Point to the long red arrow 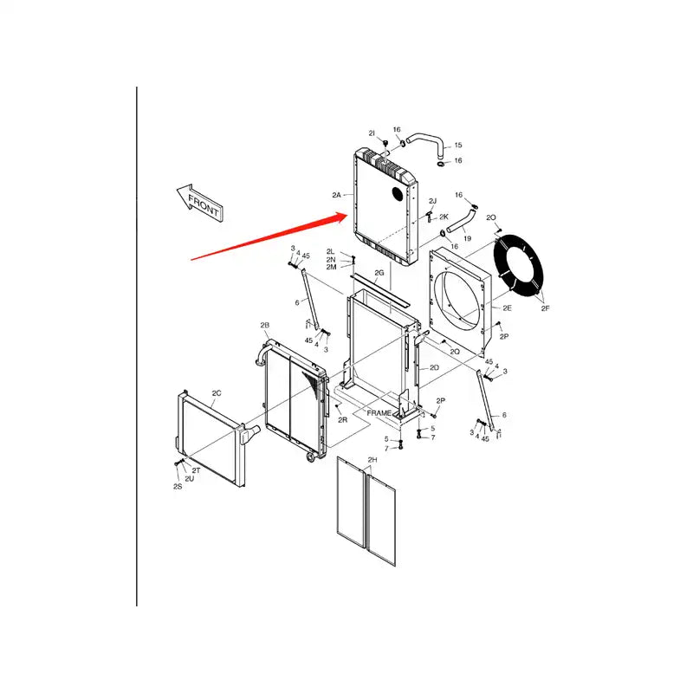tap(269, 235)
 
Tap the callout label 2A tap(338, 196)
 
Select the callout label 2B tap(265, 325)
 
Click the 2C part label tap(217, 393)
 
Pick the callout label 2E tap(508, 308)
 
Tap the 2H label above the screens tap(372, 459)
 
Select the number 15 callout tap(458, 146)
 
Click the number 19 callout tap(467, 237)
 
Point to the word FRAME tap(379, 413)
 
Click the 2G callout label tap(379, 273)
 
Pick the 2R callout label tap(342, 419)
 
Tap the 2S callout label tap(178, 487)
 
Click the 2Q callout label tap(455, 353)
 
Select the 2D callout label tap(434, 367)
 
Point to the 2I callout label tap(372, 133)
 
